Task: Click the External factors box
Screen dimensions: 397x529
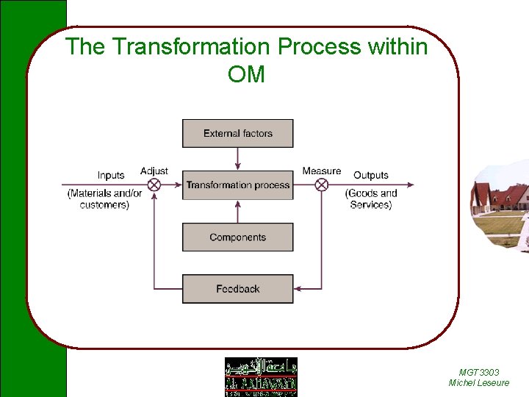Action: click(237, 133)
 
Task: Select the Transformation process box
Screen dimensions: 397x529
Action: click(237, 185)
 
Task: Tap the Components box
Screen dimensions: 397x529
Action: click(237, 237)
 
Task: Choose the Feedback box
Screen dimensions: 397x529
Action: click(237, 289)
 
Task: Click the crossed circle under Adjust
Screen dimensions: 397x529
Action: click(154, 185)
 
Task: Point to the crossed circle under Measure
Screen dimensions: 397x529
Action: click(321, 185)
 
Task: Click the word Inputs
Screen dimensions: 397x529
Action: click(111, 176)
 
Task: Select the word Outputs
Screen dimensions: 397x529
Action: click(370, 176)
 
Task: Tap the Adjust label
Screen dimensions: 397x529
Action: click(154, 171)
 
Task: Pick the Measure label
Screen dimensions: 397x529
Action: click(321, 171)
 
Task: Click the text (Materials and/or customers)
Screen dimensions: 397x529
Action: click(104, 199)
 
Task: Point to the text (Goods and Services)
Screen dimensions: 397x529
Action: click(371, 199)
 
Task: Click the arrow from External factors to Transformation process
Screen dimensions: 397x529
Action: click(237, 159)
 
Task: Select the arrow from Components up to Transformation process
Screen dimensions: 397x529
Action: click(237, 212)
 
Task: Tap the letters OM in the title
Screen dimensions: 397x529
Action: click(246, 74)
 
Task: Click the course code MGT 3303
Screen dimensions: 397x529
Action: click(478, 373)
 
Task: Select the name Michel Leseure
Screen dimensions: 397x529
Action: click(478, 383)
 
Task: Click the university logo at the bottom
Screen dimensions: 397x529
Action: click(261, 376)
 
